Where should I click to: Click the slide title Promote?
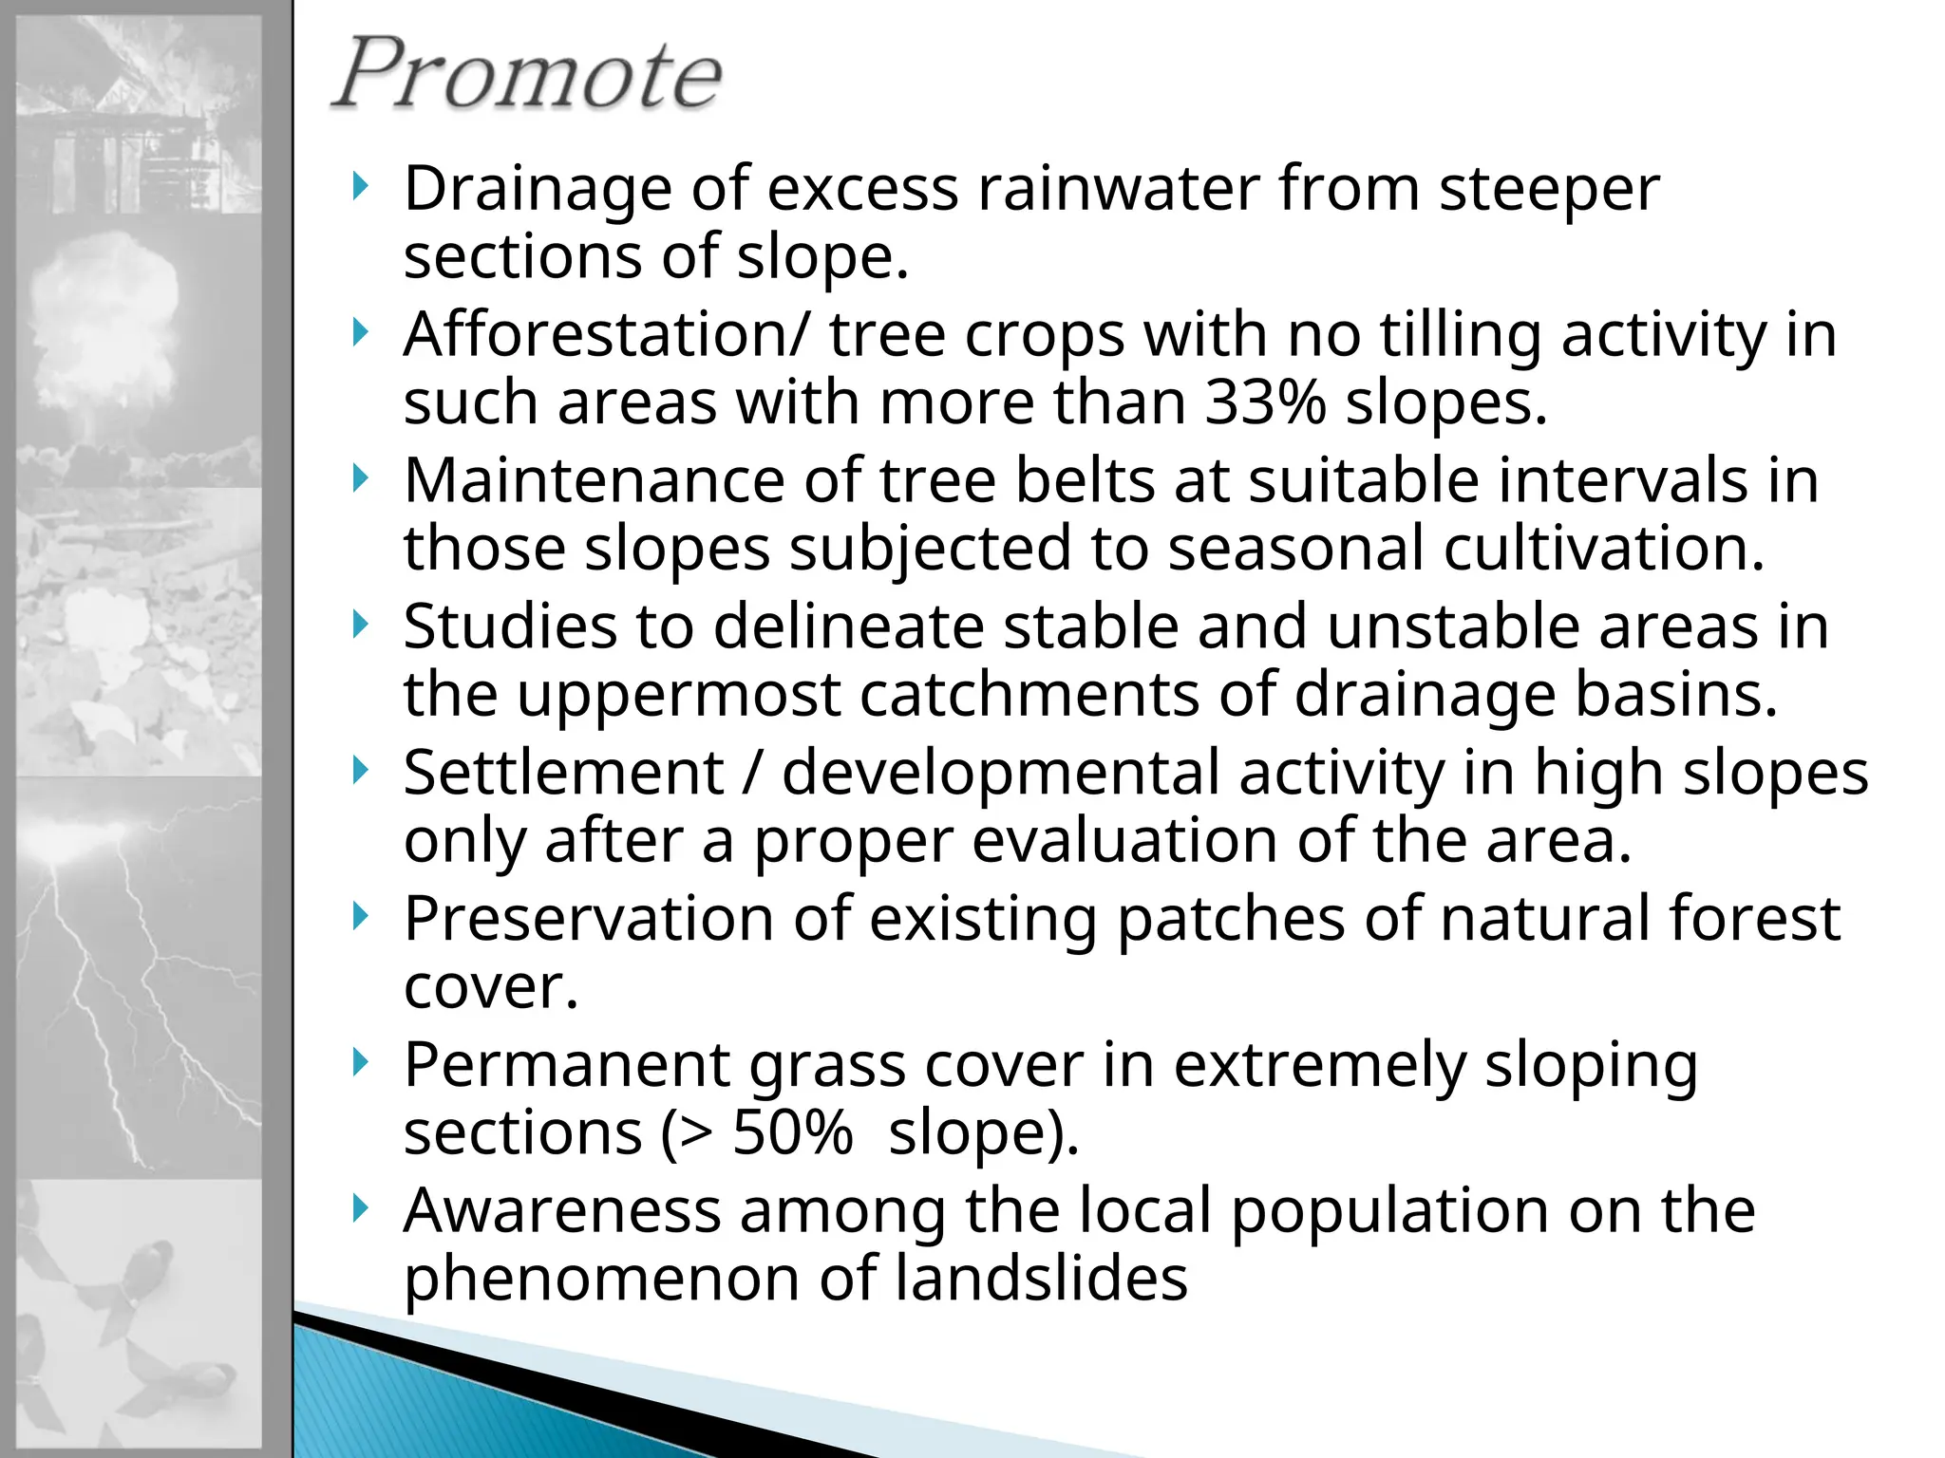click(x=528, y=74)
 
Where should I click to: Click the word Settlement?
click(x=564, y=773)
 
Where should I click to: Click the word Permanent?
click(x=566, y=1065)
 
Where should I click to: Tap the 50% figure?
click(x=792, y=1133)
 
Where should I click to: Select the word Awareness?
click(x=562, y=1211)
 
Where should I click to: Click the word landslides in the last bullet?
click(x=1041, y=1280)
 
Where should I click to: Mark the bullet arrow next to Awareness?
click(x=359, y=1208)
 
